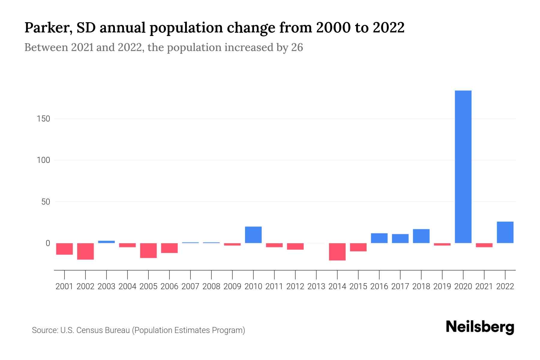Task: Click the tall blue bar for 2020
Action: [x=463, y=167]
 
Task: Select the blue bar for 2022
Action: [x=505, y=232]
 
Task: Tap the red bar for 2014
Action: [x=337, y=252]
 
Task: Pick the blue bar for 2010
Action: [x=253, y=235]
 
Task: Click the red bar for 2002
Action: [x=85, y=251]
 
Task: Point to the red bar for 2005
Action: [x=148, y=250]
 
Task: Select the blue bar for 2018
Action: [x=421, y=236]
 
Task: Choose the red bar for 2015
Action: [x=358, y=247]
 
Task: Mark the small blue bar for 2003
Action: [x=106, y=242]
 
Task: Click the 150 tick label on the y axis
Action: [x=43, y=119]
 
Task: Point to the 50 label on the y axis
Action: [x=46, y=202]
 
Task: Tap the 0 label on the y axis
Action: [x=48, y=243]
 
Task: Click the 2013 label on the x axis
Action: [x=316, y=286]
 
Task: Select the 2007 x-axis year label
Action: [x=190, y=286]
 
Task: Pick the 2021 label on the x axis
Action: [x=484, y=286]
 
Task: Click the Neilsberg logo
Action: [x=480, y=327]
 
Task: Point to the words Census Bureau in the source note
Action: [x=103, y=330]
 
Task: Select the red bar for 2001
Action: [x=64, y=249]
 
